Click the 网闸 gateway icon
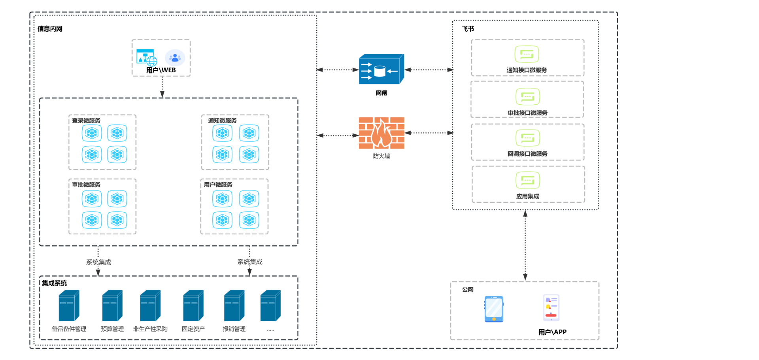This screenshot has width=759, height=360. (381, 69)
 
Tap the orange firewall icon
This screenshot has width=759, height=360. (381, 133)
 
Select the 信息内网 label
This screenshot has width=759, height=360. (50, 29)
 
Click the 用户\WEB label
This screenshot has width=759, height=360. (161, 70)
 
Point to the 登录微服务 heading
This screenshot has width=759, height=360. (86, 121)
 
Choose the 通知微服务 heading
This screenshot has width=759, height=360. (222, 121)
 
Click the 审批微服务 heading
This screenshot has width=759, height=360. (86, 185)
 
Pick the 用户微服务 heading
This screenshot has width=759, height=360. (218, 185)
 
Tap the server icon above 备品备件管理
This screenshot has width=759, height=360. (69, 306)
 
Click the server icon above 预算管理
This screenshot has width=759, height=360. (112, 306)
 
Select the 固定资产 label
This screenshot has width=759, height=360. (193, 329)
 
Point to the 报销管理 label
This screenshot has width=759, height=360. (234, 329)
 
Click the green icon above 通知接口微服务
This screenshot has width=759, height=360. (527, 55)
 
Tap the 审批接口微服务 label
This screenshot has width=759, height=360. (527, 113)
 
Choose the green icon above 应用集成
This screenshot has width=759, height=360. (527, 181)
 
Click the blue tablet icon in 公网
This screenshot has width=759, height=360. (494, 309)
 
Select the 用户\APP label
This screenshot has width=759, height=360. (552, 332)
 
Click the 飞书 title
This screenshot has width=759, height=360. (468, 29)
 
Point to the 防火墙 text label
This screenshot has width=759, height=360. (381, 156)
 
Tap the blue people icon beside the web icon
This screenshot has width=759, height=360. (175, 58)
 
